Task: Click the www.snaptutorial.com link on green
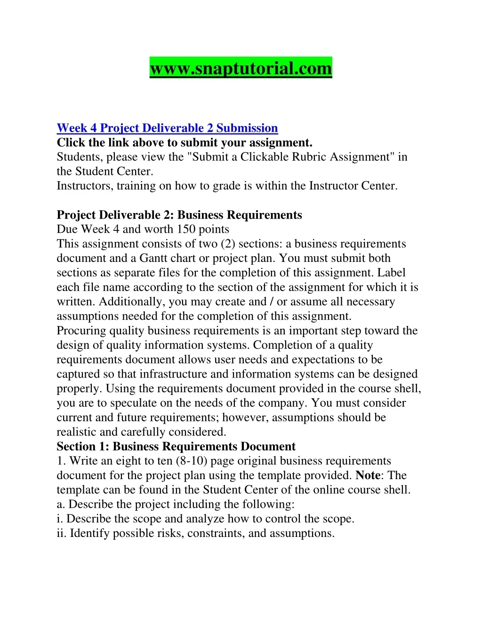click(x=241, y=68)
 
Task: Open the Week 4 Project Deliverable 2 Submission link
click(x=167, y=128)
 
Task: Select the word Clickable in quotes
click(x=263, y=157)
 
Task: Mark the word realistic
click(x=77, y=432)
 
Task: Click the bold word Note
click(x=368, y=475)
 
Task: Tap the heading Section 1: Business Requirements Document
click(x=176, y=446)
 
